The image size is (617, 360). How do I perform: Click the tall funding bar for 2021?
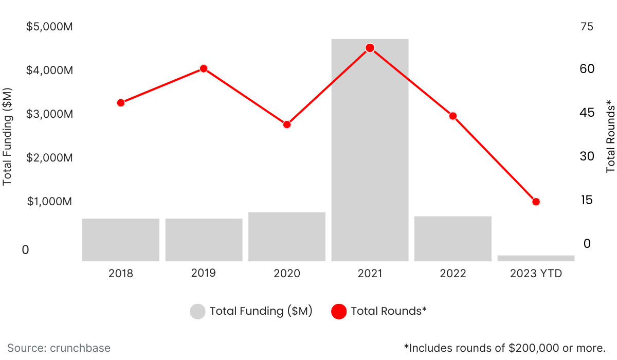(x=370, y=154)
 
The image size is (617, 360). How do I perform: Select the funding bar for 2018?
(x=121, y=240)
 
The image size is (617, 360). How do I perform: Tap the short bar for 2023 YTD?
(x=536, y=258)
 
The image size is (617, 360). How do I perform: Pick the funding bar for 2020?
(x=287, y=237)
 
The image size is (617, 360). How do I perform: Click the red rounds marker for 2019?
(x=204, y=69)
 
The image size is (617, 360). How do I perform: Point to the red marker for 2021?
(x=370, y=48)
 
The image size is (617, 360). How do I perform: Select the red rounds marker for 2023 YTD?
(x=536, y=202)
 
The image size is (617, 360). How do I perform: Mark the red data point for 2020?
(x=287, y=124)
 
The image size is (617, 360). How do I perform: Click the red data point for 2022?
(x=453, y=116)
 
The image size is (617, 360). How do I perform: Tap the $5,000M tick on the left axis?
(x=49, y=26)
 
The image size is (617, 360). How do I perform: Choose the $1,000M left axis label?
(x=49, y=201)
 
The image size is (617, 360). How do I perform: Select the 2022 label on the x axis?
(x=453, y=274)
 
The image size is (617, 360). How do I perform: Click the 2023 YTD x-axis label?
(x=536, y=274)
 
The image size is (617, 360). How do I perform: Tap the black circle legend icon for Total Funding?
(x=197, y=312)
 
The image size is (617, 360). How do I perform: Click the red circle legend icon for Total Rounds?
(x=339, y=312)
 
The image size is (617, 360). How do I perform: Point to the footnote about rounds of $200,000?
(x=504, y=348)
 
